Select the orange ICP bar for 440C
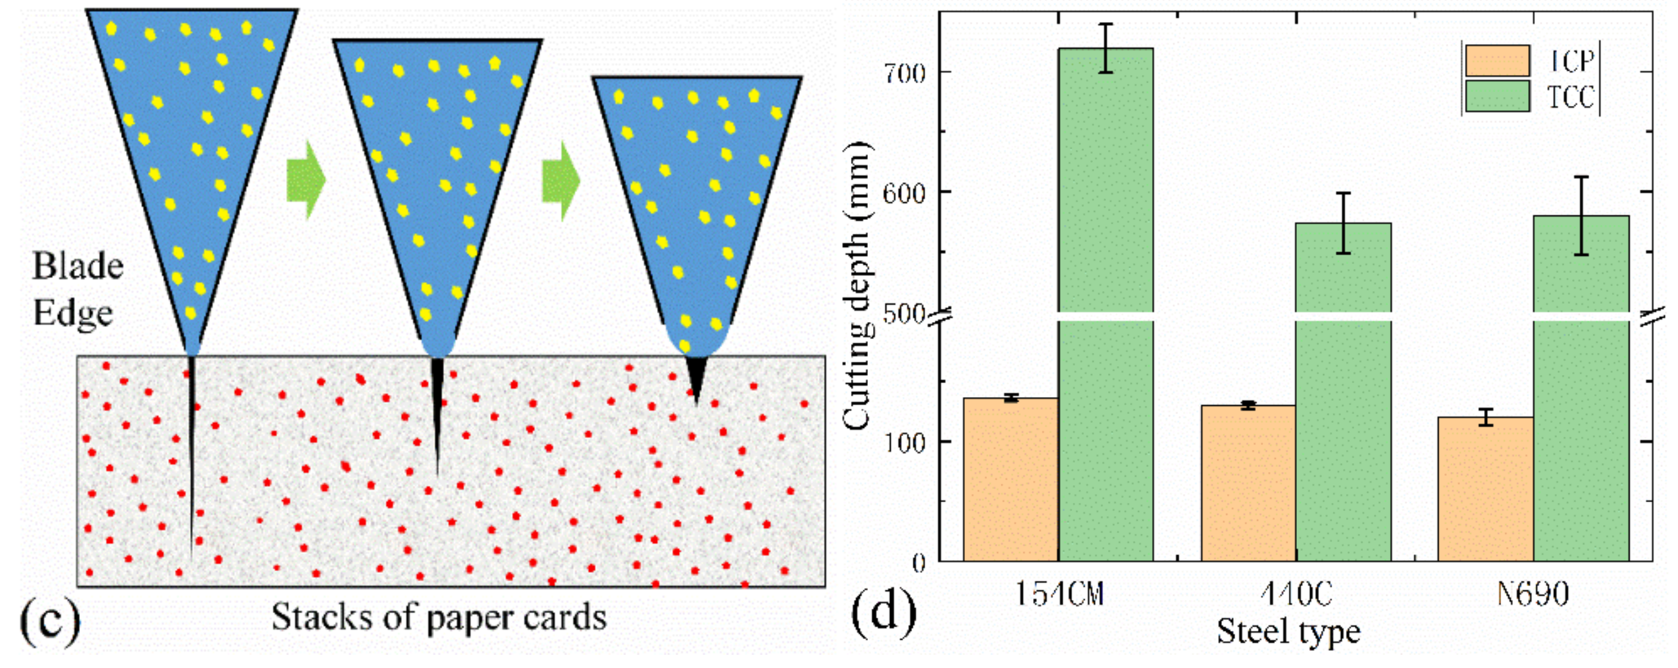[x=1248, y=482]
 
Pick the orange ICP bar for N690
[x=1485, y=489]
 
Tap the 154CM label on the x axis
[x=1060, y=594]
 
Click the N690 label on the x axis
[x=1532, y=594]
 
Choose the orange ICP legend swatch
[x=1498, y=60]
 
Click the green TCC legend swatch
[x=1498, y=96]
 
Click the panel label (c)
[x=50, y=619]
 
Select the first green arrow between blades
[x=305, y=180]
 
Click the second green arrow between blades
[x=561, y=180]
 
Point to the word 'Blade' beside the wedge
[x=78, y=267]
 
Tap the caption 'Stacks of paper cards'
[x=438, y=617]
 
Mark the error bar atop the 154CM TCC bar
[x=1105, y=49]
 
